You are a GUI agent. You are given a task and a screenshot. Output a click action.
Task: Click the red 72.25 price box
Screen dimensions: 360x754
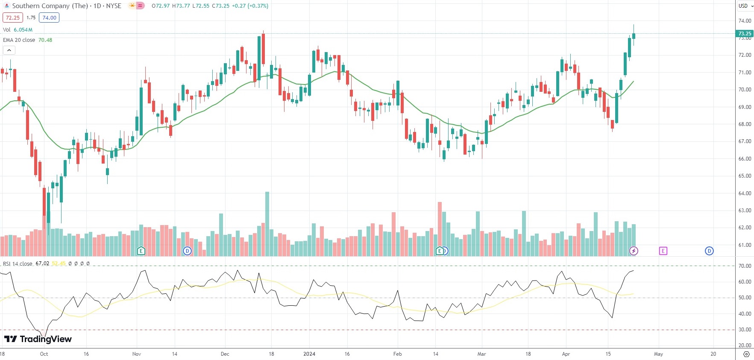(12, 18)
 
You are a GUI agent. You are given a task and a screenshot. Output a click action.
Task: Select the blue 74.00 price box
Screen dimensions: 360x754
(49, 18)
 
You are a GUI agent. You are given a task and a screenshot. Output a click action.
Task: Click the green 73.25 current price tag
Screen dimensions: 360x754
(745, 34)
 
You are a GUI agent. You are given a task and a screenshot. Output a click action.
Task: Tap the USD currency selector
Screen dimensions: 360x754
(746, 6)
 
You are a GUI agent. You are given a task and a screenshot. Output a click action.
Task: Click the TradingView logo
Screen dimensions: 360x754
(38, 339)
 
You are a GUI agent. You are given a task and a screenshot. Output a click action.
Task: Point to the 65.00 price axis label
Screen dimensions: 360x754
(745, 176)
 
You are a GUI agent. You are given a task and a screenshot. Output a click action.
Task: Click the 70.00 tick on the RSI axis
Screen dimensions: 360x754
(745, 266)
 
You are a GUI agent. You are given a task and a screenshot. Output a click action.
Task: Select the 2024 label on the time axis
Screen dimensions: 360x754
(309, 354)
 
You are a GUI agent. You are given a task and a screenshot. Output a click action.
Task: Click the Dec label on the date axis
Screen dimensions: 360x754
(225, 354)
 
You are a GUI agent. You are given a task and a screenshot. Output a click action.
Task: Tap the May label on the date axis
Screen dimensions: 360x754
(658, 354)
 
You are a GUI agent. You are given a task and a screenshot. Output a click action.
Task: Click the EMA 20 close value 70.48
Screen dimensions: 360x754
(45, 40)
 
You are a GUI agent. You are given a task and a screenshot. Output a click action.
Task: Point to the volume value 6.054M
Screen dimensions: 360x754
(23, 30)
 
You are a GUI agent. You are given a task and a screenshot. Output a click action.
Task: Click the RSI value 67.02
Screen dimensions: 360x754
(42, 263)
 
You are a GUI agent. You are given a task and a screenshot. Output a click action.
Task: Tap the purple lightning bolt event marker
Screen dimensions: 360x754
(634, 251)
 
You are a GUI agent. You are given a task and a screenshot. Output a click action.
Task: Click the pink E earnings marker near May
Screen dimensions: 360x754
(663, 251)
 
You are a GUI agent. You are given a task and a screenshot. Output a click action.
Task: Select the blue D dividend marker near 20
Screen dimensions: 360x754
(709, 251)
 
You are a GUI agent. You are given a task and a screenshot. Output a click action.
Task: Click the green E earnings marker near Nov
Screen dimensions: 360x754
(141, 251)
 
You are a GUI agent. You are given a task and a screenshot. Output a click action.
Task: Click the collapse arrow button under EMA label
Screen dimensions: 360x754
(9, 50)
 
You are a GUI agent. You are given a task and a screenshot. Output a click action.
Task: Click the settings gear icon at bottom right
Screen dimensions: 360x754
(746, 354)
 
